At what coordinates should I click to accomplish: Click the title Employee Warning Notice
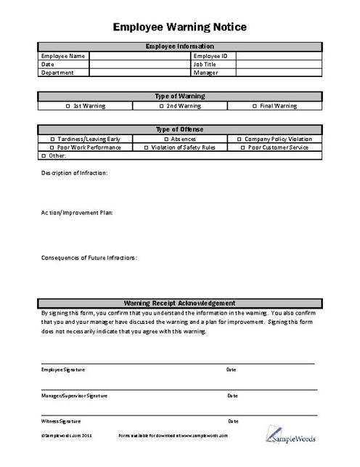click(180, 27)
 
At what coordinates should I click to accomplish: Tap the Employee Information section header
click(179, 46)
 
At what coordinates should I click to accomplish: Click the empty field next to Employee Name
click(139, 55)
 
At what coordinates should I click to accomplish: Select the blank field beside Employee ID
click(279, 55)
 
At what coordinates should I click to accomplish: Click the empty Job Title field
click(279, 64)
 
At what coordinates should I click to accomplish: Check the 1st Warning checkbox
click(67, 106)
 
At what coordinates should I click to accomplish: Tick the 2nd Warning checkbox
click(161, 106)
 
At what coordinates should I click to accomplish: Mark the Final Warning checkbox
click(255, 106)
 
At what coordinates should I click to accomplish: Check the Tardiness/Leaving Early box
click(52, 139)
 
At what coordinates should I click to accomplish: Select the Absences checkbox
click(165, 139)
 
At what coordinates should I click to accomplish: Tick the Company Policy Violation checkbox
click(240, 139)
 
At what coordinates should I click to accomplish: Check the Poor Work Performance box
click(52, 147)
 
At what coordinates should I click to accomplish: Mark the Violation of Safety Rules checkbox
click(146, 147)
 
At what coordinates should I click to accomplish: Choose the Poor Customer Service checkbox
click(242, 147)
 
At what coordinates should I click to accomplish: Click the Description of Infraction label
click(74, 173)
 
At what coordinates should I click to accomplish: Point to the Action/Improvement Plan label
click(76, 213)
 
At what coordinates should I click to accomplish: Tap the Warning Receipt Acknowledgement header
click(179, 303)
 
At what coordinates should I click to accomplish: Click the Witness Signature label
click(61, 421)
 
